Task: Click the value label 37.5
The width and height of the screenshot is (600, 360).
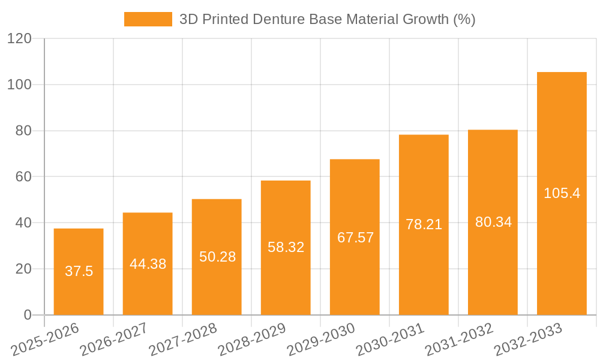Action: [x=79, y=271]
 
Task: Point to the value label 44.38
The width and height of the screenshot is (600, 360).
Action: [x=148, y=264]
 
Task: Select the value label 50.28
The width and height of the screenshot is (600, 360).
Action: [x=217, y=257]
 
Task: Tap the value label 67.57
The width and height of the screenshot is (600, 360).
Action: [x=355, y=238]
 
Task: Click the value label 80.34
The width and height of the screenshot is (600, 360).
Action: [x=493, y=222]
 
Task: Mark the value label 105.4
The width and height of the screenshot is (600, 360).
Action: [x=562, y=193]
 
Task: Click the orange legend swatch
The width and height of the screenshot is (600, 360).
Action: [x=148, y=19]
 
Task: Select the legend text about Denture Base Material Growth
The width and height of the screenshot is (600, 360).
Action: [x=328, y=19]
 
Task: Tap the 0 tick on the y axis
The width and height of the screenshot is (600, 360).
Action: [x=27, y=315]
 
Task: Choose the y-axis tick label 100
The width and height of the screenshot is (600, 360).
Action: [x=19, y=85]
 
